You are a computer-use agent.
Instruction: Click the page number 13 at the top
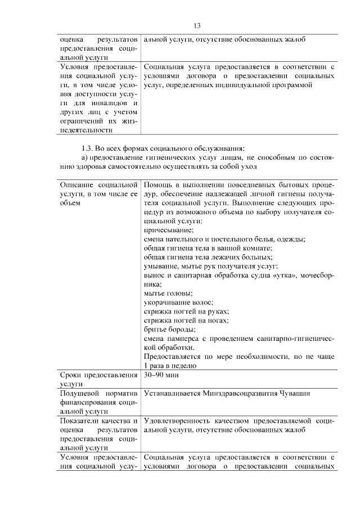tap(197, 26)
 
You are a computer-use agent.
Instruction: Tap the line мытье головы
tap(168, 293)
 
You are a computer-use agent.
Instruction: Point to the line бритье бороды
tap(170, 329)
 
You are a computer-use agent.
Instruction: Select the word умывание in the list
tap(163, 266)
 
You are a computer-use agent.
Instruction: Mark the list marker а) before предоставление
tap(85, 157)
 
